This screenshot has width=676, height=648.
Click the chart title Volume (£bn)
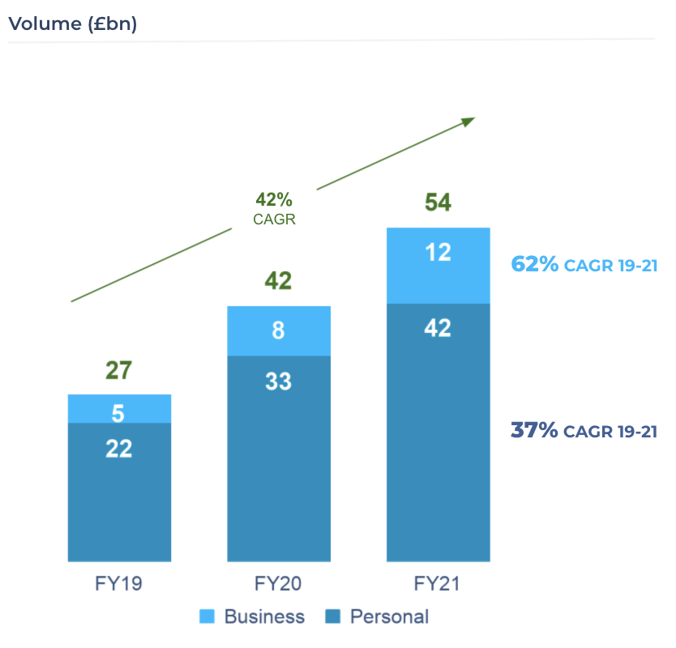pos(72,23)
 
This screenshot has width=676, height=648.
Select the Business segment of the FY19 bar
pos(119,409)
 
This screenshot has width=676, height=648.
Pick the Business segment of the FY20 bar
pos(279,331)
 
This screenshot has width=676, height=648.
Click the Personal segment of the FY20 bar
pos(279,458)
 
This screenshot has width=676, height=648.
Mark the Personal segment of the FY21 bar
pos(439,433)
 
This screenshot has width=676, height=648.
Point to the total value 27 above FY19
pos(118,370)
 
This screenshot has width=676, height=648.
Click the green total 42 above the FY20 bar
pos(278,281)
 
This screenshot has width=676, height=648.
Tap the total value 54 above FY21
pos(438,202)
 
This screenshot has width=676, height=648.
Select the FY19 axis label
pos(119,583)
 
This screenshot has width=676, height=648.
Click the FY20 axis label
pos(279,583)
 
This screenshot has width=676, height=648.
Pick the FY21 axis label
pos(439,583)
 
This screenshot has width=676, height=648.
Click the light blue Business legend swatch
pos(207,617)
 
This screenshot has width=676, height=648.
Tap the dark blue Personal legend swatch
pos(332,617)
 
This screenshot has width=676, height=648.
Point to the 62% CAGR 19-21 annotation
pos(583,264)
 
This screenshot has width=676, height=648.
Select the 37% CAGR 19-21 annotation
pos(583,430)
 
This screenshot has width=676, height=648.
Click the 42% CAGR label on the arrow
pos(274,207)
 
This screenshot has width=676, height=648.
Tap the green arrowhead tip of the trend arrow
pos(472,119)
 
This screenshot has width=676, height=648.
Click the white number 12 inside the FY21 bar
pos(439,253)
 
